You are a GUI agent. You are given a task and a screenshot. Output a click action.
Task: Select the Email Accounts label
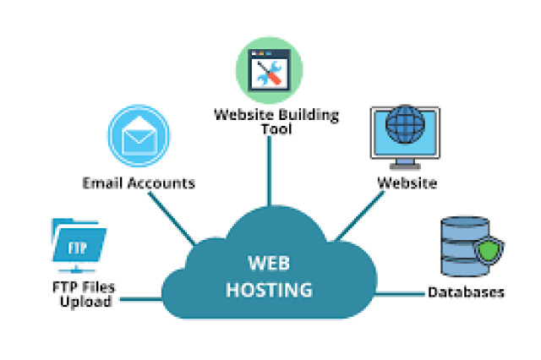point(139,183)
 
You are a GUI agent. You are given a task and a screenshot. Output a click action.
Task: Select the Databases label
point(466,292)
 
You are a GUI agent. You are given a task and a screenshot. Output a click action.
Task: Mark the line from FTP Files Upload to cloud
point(139,297)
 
